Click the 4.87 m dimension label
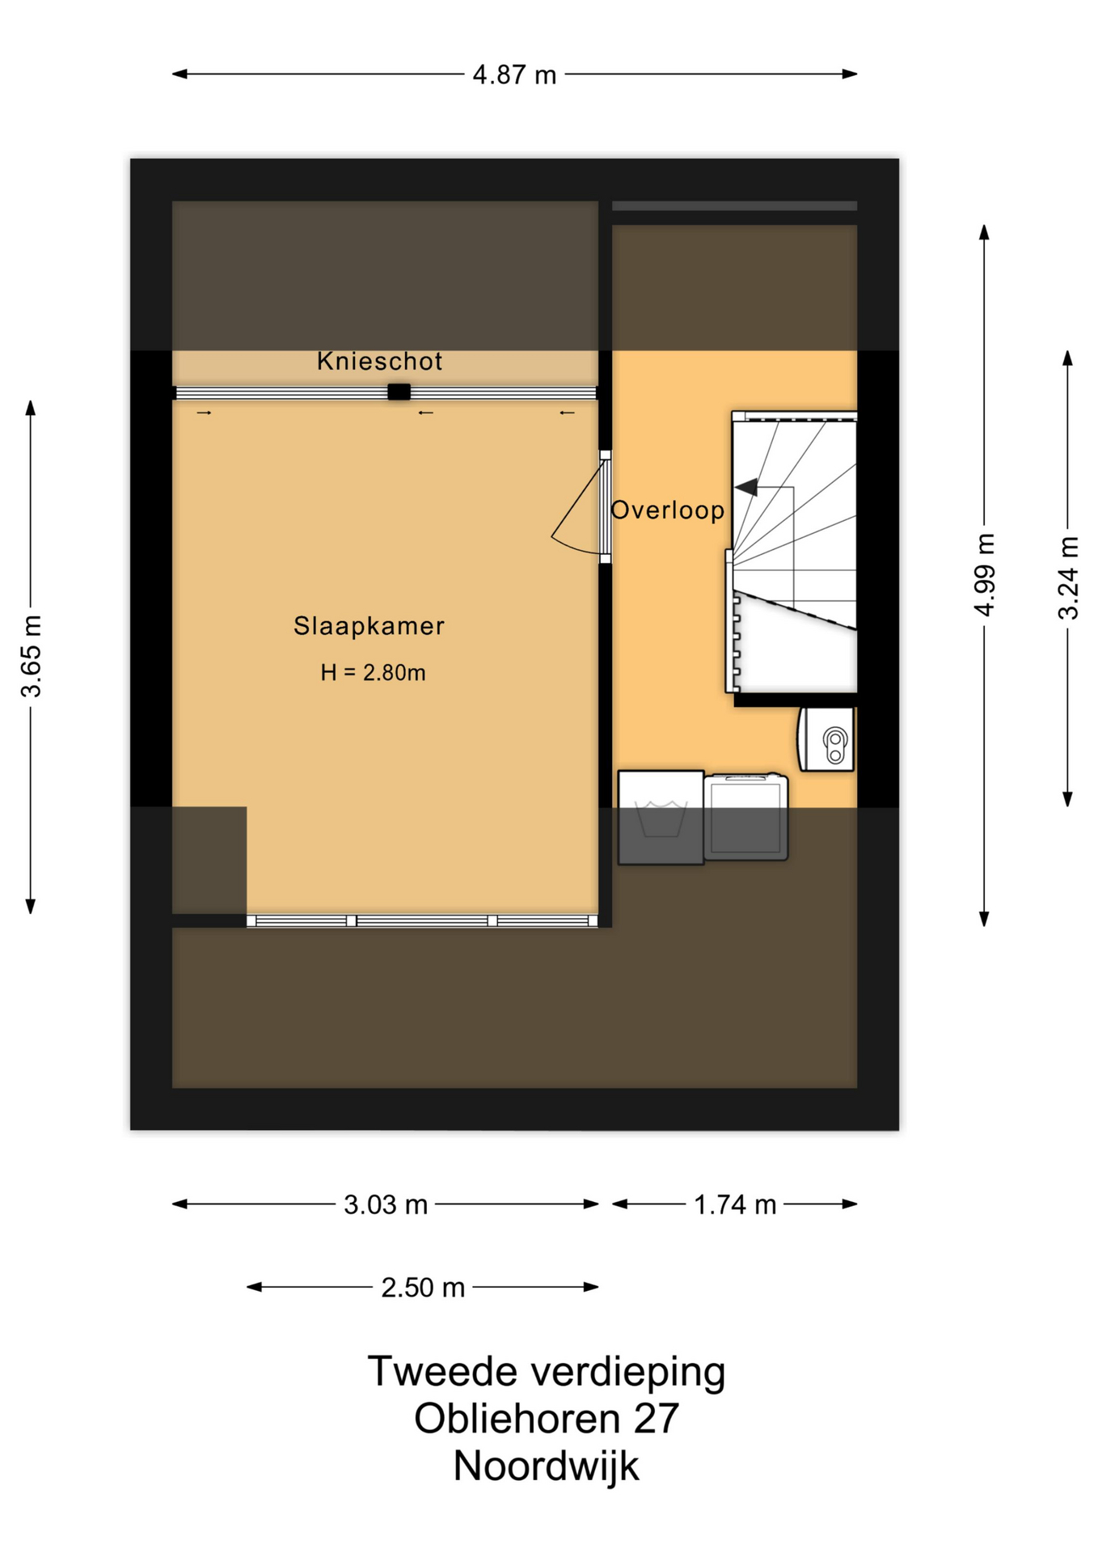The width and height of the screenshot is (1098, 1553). click(514, 75)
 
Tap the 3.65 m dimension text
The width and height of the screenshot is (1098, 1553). click(32, 656)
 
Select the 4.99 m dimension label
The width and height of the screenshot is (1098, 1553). click(984, 575)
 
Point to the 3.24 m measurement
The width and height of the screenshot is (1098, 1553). click(1068, 578)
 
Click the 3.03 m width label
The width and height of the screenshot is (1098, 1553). click(386, 1205)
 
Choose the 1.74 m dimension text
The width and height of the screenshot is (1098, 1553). click(735, 1205)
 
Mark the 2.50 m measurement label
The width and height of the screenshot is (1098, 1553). click(423, 1288)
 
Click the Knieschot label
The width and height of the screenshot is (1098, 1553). click(379, 362)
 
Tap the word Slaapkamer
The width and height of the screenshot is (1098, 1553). click(369, 626)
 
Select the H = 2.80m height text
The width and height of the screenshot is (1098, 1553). click(373, 673)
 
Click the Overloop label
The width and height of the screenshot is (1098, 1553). click(667, 510)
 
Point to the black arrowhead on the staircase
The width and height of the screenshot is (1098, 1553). click(746, 487)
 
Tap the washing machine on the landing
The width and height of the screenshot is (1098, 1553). click(661, 818)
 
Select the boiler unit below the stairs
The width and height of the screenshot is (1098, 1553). click(826, 739)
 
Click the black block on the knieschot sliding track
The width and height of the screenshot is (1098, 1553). click(399, 392)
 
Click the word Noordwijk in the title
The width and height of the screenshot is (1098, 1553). click(546, 1466)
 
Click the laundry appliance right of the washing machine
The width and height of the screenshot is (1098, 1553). click(745, 817)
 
